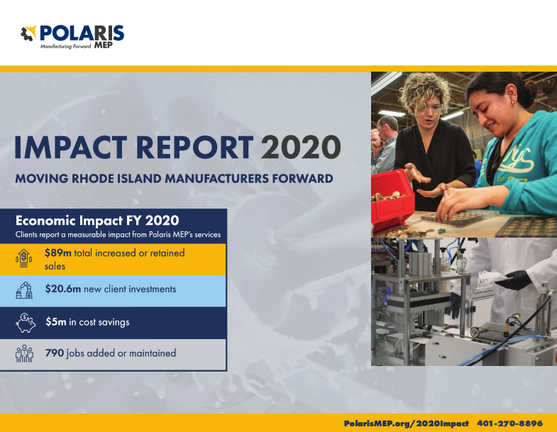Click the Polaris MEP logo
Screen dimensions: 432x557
72,35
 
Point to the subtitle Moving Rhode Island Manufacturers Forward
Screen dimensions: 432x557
174,179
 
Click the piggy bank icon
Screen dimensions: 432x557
25,322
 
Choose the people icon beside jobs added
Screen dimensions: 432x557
25,353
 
